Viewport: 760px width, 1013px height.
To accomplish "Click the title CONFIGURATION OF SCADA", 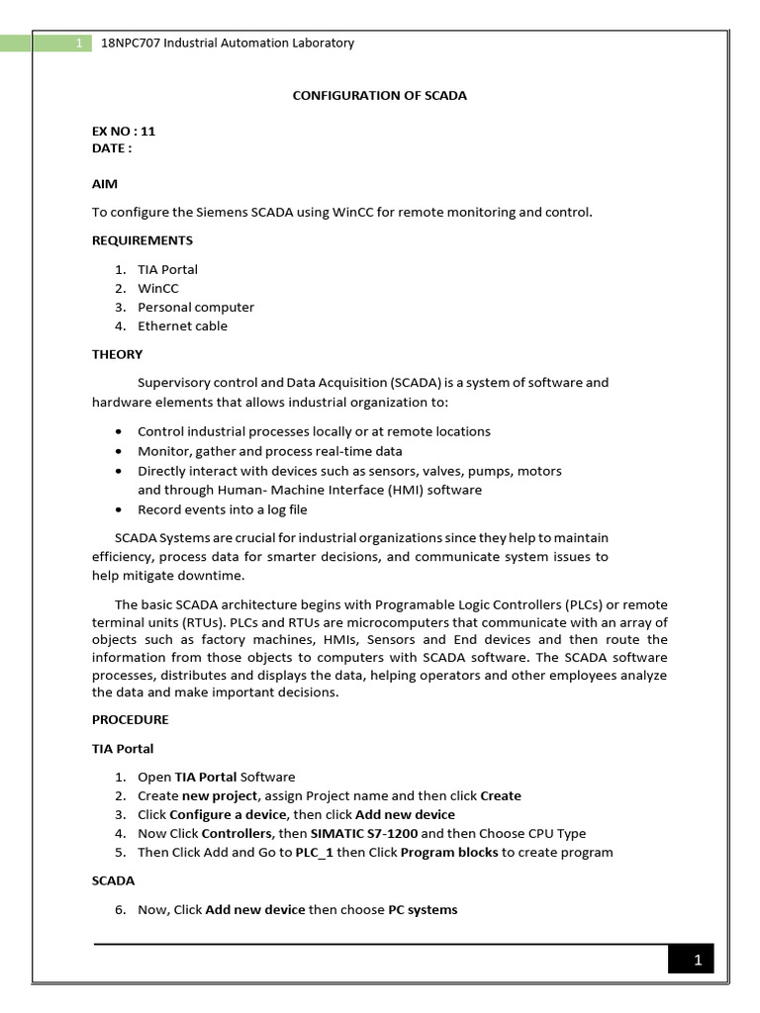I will [379, 96].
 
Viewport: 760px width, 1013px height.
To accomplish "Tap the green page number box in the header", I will [77, 44].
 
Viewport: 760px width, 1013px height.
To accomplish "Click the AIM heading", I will [105, 184].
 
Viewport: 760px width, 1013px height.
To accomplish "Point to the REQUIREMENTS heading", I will [142, 240].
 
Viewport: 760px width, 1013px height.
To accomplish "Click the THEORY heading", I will [117, 354].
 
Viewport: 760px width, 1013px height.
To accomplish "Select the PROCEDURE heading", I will [131, 719].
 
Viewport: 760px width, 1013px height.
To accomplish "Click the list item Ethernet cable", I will [182, 326].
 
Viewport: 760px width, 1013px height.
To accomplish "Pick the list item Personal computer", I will [196, 308].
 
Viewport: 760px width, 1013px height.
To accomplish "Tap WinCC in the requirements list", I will [158, 289].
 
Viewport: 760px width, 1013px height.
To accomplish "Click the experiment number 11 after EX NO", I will [148, 131].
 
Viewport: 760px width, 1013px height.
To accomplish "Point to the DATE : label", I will [112, 148].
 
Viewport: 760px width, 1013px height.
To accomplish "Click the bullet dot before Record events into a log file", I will [119, 510].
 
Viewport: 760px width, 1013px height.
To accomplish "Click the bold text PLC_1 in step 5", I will [314, 853].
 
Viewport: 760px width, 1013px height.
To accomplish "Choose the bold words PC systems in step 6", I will [423, 910].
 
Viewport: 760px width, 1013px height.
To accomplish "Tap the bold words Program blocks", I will [449, 853].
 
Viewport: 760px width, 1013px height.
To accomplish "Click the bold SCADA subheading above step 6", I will [113, 880].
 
